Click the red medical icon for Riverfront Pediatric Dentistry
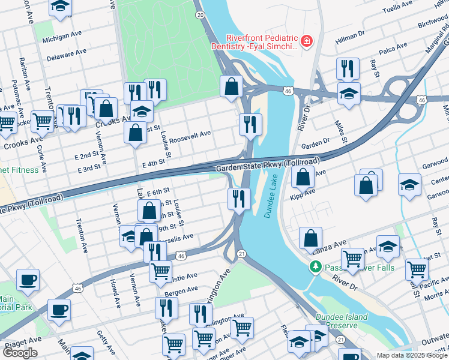coord(307,41)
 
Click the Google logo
coord(20,353)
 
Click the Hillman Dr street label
coord(350,38)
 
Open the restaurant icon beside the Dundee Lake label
coord(239,198)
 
